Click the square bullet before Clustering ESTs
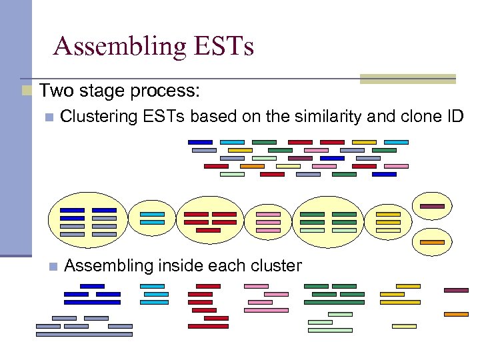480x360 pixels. point(47,117)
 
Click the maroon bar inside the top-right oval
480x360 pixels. point(432,207)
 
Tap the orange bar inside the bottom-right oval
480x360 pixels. point(432,242)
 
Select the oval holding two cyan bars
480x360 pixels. point(152,218)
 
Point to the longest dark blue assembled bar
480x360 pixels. point(92,302)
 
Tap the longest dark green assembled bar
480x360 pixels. point(334,302)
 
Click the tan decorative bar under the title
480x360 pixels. point(408,79)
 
